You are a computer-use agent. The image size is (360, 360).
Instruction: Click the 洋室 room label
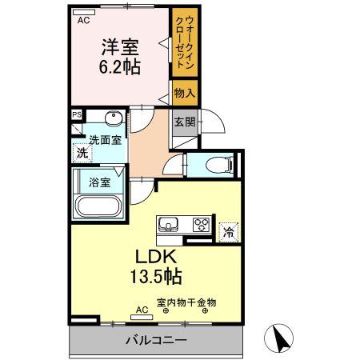coord(120,46)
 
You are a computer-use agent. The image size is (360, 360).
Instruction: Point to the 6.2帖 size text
coord(120,66)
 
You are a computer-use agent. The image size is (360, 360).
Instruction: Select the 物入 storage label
coord(184,94)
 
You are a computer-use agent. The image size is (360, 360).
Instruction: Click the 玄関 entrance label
coord(184,122)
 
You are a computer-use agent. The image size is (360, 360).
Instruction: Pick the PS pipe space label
coord(77,114)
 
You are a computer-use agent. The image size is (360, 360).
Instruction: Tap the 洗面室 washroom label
coord(104,140)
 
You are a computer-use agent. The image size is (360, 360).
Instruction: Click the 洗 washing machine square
coord(81,152)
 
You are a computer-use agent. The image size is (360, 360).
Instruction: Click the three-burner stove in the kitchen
coord(201,225)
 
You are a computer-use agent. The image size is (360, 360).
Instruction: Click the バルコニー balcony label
coord(155,341)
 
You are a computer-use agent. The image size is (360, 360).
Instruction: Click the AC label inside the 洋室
coord(83,22)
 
